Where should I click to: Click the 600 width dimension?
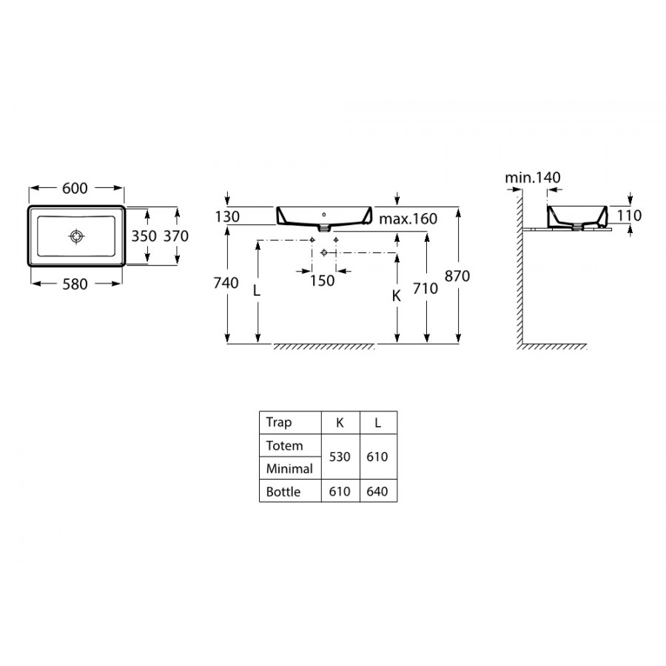click(x=75, y=188)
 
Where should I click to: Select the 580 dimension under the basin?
click(x=75, y=284)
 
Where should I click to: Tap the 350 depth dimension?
click(x=144, y=236)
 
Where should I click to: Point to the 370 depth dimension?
click(x=176, y=236)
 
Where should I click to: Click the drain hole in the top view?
click(x=76, y=236)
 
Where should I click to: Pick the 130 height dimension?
click(x=227, y=217)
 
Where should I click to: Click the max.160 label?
click(x=408, y=219)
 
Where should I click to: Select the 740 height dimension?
click(x=226, y=283)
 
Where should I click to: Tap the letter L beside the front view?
click(x=257, y=291)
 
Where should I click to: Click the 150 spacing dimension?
click(x=322, y=280)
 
